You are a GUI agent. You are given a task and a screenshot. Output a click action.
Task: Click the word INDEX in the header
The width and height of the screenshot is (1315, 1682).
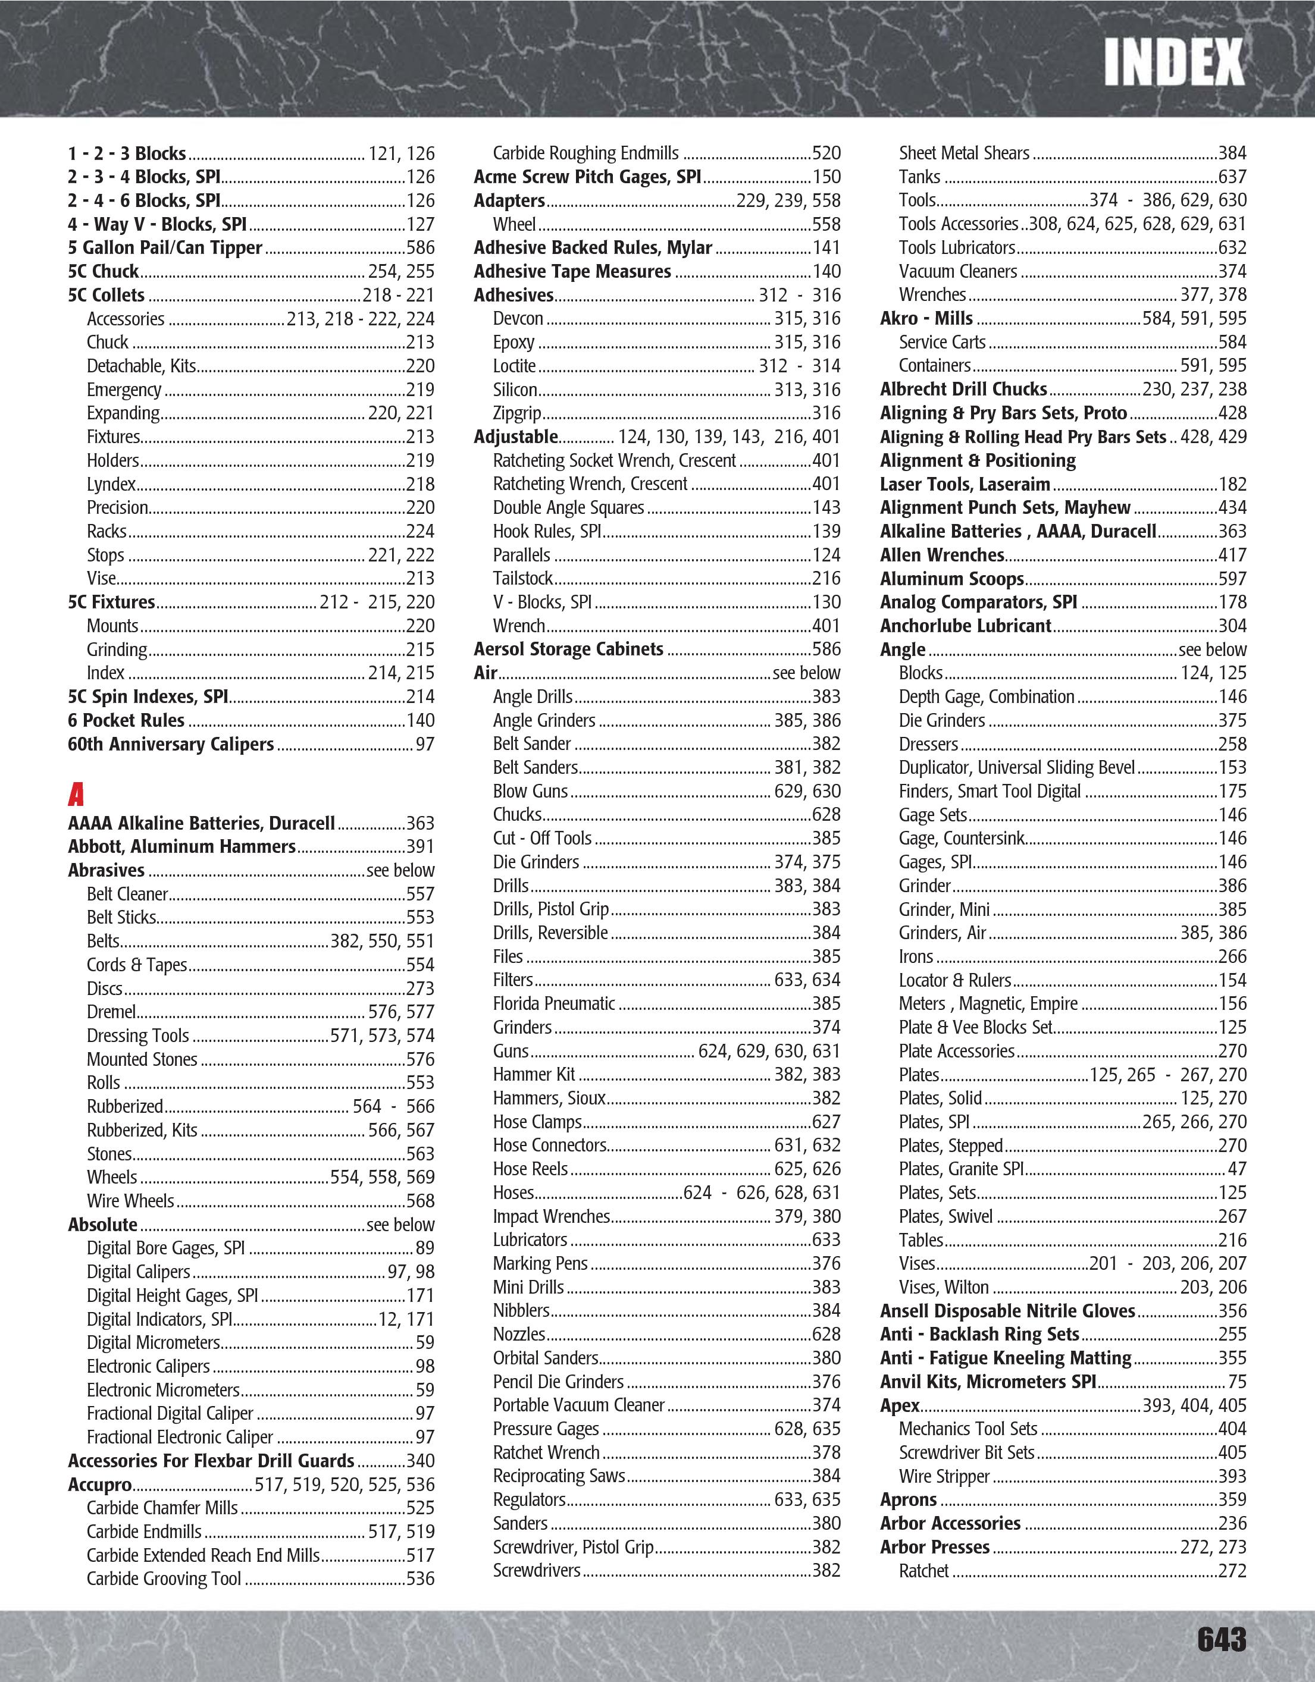(1173, 62)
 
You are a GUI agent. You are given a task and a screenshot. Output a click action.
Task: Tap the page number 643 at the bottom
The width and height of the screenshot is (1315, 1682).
(1221, 1639)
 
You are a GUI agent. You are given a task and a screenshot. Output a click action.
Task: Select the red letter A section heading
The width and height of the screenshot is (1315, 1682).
(76, 794)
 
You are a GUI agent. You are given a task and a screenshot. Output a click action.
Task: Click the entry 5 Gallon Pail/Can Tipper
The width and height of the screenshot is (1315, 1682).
(165, 248)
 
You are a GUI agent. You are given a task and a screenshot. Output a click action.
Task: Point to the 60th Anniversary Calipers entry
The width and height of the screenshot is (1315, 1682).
(170, 744)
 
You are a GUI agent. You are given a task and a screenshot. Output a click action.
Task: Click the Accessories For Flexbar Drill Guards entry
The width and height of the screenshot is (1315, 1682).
(210, 1461)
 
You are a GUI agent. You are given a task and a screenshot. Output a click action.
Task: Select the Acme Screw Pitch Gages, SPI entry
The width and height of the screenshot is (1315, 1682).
(587, 177)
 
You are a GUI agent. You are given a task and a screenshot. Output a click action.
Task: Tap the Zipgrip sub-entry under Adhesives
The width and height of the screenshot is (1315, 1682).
(517, 413)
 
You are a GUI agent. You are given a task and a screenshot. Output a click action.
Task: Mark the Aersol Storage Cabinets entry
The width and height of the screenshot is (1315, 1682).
(568, 649)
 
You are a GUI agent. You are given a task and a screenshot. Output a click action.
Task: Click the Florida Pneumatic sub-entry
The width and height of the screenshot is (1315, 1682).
(554, 1003)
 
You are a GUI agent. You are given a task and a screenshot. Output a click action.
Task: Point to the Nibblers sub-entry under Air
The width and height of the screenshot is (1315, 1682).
(521, 1311)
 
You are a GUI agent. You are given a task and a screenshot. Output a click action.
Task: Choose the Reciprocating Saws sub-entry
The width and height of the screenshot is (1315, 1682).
(559, 1476)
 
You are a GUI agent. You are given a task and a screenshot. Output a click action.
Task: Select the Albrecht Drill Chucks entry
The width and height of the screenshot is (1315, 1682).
(963, 389)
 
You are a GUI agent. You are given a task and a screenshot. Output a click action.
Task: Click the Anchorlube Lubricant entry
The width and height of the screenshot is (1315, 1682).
(965, 625)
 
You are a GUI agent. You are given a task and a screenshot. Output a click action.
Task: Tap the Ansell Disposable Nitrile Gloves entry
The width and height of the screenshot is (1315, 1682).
(1007, 1311)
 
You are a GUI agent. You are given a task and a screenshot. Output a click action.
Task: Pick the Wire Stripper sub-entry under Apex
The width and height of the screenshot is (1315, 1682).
(944, 1476)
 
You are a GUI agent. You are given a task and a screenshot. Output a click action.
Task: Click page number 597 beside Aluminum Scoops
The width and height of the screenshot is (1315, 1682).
(1232, 578)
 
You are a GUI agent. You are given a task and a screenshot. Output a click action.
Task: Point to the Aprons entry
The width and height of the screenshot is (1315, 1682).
(908, 1499)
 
